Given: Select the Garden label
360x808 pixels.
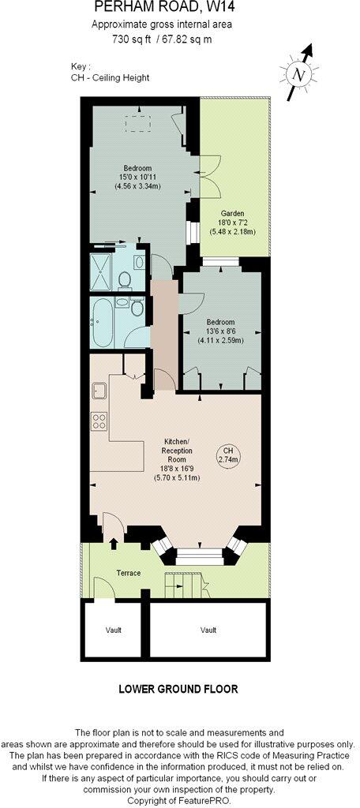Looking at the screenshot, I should [x=232, y=214].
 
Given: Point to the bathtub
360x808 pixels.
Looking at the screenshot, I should [x=103, y=323].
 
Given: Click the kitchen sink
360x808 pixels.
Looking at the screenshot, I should [x=99, y=390].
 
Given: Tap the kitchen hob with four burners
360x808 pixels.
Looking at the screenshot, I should [x=99, y=421].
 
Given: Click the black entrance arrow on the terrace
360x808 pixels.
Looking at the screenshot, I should [x=113, y=544].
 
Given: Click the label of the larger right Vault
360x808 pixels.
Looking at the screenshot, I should [x=208, y=630].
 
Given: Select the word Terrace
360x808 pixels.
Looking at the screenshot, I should [x=128, y=573].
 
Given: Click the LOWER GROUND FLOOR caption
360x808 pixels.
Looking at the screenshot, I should [x=178, y=689].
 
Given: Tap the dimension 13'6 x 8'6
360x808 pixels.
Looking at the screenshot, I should [x=220, y=331].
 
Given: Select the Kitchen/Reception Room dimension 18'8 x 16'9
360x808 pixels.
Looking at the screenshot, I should [x=175, y=467].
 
